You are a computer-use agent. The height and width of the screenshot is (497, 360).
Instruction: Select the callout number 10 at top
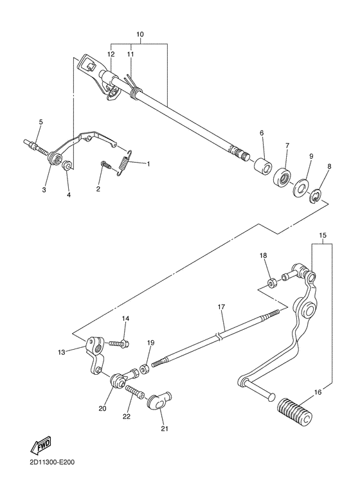[x=139, y=34]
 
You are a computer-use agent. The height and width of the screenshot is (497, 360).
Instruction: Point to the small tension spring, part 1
[x=123, y=162]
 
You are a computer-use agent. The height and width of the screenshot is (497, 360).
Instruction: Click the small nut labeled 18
[x=271, y=282]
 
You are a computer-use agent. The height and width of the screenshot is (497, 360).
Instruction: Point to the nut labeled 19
[x=145, y=368]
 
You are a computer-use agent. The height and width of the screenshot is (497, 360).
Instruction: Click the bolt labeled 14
[x=119, y=343]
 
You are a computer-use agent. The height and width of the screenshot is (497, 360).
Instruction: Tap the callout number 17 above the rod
[x=221, y=307]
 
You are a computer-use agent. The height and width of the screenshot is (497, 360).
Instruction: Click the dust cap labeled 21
[x=159, y=401]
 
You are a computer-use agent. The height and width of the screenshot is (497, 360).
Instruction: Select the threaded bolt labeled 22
[x=135, y=391]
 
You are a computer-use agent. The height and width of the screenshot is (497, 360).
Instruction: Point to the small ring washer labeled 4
[x=67, y=165]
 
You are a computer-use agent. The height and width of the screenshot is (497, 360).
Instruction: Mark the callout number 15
[x=323, y=235]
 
